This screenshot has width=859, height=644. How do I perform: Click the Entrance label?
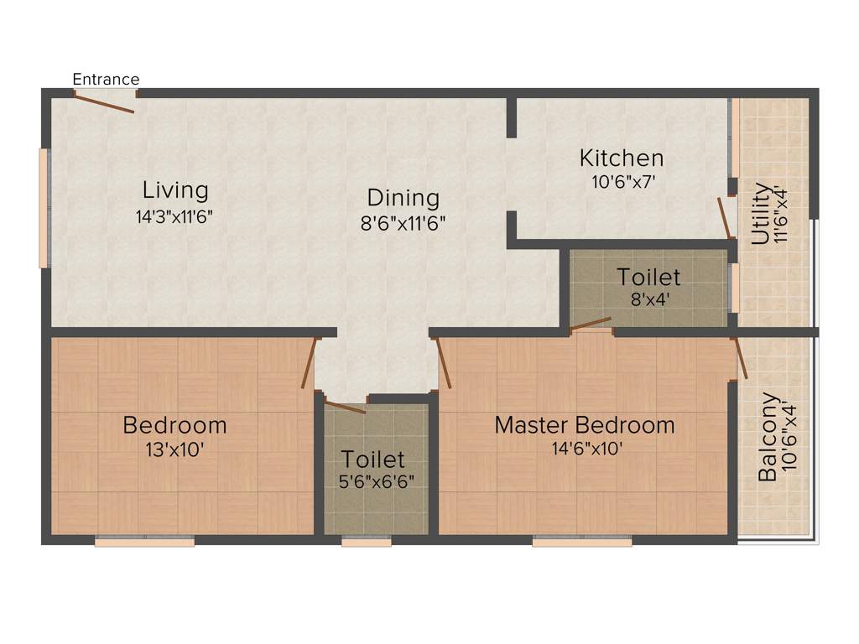(106, 80)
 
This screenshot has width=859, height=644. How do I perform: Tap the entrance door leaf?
(104, 103)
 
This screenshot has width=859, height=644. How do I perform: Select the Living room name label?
(175, 190)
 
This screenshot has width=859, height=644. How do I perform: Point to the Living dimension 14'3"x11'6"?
(175, 216)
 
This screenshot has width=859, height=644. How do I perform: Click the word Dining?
(403, 198)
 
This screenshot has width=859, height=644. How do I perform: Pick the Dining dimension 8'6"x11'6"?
(403, 223)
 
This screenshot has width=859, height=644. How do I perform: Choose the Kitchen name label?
(622, 158)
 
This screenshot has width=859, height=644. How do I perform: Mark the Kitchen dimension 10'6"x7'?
(622, 180)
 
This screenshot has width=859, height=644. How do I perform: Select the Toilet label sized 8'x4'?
(648, 276)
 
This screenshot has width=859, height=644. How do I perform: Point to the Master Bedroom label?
(584, 425)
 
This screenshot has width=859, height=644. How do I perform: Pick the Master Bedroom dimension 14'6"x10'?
(587, 449)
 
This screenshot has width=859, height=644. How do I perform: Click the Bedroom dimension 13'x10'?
(174, 449)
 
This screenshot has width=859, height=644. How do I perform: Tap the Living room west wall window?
(44, 208)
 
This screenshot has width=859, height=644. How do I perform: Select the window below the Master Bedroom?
(582, 543)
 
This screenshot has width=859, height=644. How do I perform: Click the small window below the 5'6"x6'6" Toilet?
(367, 543)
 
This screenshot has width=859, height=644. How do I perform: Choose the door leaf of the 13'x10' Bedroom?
(310, 362)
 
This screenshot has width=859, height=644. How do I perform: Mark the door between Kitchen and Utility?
(723, 218)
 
